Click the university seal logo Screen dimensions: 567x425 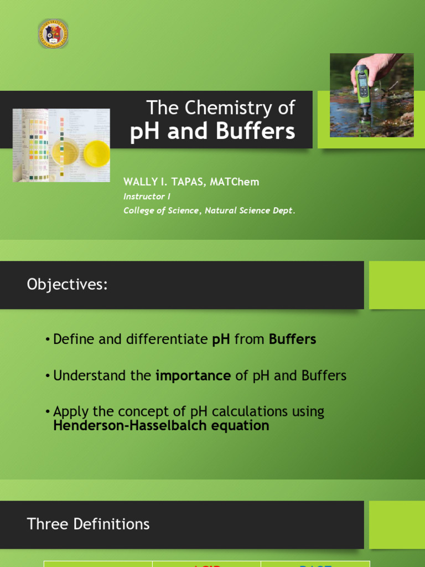coord(53,34)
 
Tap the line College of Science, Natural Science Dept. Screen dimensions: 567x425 coord(209,210)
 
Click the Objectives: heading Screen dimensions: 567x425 coord(67,285)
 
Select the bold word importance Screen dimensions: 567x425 coord(193,375)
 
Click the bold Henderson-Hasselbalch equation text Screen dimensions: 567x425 coord(161,425)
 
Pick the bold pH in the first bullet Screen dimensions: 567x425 coord(221,339)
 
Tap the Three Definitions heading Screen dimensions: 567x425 coord(88,524)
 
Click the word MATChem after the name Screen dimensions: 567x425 coord(238,182)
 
